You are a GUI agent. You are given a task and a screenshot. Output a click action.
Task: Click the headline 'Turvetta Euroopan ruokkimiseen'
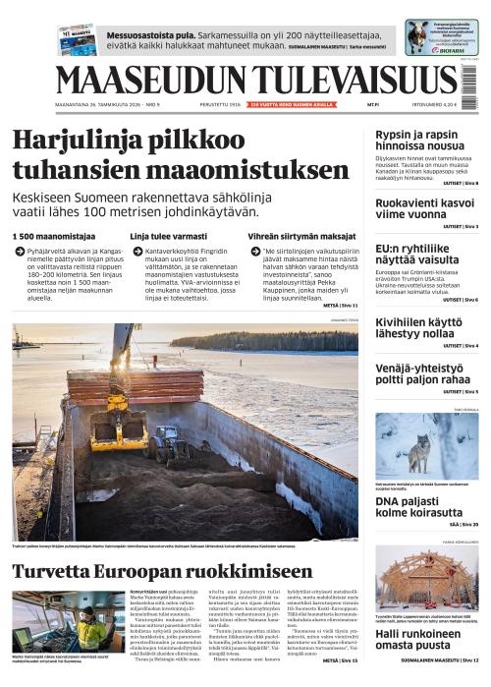coord(162,571)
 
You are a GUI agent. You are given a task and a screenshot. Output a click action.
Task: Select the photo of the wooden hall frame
coord(426,581)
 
